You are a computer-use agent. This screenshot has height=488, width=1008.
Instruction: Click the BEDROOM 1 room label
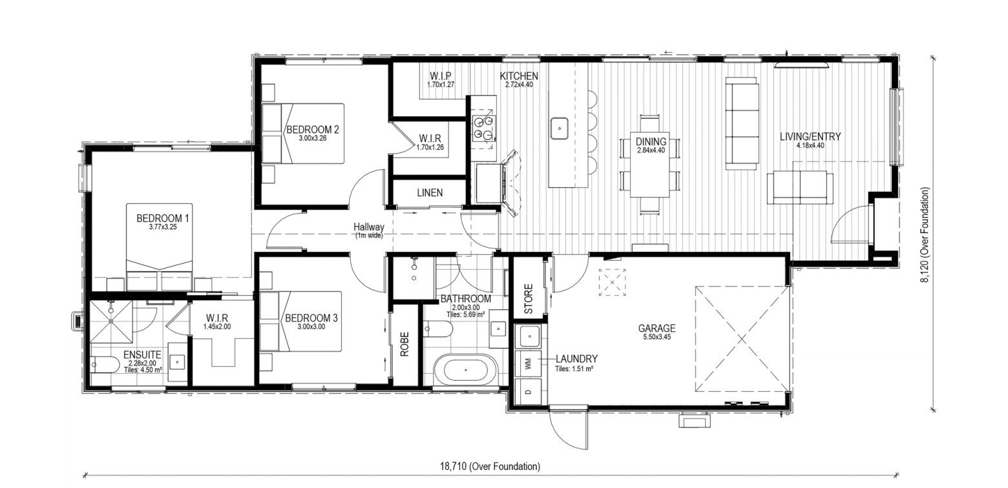tap(162, 218)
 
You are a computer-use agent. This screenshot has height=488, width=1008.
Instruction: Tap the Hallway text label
tap(368, 227)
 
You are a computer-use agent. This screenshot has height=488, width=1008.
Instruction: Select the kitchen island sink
tap(560, 128)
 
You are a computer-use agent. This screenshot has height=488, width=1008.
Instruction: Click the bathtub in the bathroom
tap(465, 370)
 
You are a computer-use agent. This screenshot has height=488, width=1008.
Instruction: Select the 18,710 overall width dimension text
tap(490, 467)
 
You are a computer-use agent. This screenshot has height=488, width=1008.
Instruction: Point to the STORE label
tap(529, 299)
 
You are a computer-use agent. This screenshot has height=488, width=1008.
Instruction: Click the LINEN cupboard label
tap(430, 193)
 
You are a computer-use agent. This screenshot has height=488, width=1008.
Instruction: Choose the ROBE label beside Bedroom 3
tap(404, 344)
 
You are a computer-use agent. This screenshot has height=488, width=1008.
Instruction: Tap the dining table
tap(650, 164)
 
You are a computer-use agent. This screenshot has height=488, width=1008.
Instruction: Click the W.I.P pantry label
tap(441, 76)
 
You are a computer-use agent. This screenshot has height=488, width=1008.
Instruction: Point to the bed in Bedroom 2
tap(303, 133)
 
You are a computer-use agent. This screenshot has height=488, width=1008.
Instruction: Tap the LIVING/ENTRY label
tap(810, 137)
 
